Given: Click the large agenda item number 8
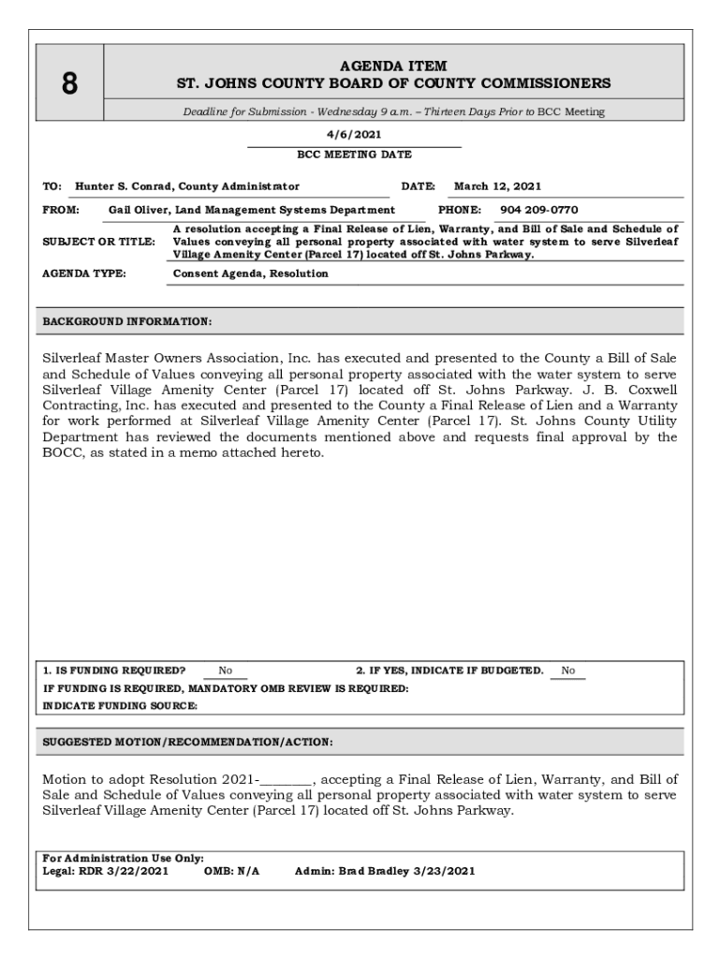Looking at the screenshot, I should (69, 84).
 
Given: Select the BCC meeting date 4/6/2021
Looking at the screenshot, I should (354, 134).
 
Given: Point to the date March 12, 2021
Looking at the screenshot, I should (497, 186).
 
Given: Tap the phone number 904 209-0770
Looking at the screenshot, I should (539, 210).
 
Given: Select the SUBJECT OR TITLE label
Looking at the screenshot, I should (99, 242).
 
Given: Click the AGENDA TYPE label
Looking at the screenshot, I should (84, 273).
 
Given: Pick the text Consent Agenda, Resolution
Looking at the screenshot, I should (251, 273).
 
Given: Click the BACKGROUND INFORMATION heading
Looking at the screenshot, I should (127, 322).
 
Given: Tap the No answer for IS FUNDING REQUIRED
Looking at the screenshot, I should (226, 671).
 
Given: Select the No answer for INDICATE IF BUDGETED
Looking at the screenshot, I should (567, 671).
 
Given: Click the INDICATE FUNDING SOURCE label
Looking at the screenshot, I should (120, 706).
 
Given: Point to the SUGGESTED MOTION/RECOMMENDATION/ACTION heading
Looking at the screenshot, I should (187, 742).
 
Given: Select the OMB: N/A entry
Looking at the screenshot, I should (231, 871).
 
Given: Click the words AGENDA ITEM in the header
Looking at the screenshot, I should (393, 66).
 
